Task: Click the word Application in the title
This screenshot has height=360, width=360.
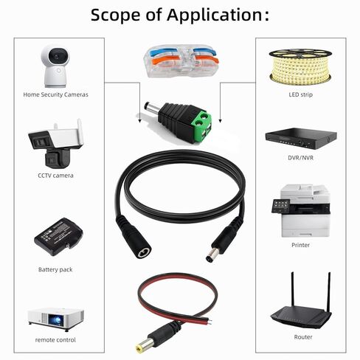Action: (215, 15)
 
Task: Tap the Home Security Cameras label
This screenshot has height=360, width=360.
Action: (55, 94)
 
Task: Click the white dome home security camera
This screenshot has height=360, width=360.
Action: (55, 66)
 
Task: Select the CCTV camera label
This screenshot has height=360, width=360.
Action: (55, 176)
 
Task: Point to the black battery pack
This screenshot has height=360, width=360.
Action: (58, 237)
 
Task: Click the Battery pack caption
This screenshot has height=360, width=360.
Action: (55, 269)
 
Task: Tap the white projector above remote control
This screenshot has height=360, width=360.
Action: (56, 319)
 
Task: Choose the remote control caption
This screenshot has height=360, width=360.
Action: (55, 340)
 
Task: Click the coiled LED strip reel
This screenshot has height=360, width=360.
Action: (300, 66)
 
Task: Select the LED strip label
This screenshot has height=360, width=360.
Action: (301, 94)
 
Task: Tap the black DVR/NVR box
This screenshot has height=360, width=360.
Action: (301, 138)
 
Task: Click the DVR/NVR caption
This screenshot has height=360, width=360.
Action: (301, 158)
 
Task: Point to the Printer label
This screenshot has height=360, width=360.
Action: (300, 245)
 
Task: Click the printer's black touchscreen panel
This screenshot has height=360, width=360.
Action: (280, 206)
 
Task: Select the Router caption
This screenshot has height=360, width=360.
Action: (303, 337)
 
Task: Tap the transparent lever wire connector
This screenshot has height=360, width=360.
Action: (181, 60)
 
